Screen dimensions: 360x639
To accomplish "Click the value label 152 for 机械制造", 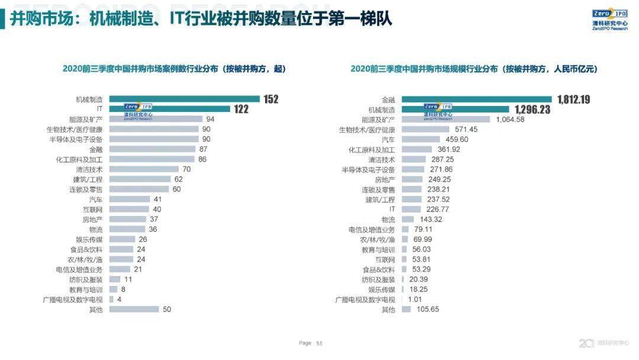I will (x=271, y=99).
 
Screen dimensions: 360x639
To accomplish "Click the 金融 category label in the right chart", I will (x=388, y=99).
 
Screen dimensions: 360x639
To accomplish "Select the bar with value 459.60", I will (x=421, y=139).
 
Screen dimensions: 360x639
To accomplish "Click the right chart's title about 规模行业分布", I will (x=473, y=69).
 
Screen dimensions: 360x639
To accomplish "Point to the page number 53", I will (x=319, y=343).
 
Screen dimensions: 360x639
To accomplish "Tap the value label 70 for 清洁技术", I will (x=186, y=169).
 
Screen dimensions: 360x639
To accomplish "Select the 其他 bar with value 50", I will (x=134, y=309).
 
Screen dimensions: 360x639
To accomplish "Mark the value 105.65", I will (x=427, y=309).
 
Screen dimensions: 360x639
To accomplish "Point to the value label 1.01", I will (x=415, y=300).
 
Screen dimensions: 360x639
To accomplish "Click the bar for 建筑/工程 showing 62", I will (x=139, y=179).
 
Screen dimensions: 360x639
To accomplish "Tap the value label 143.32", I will (x=430, y=219).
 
